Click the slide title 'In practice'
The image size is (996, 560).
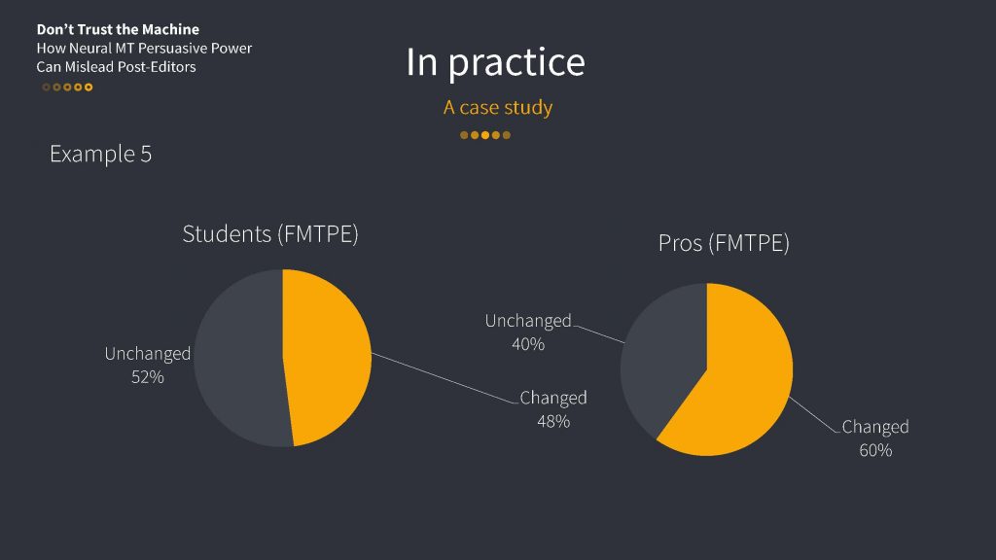coord(495,62)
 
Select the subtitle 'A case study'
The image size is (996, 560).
coord(498,107)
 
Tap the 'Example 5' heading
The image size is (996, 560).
coord(100,154)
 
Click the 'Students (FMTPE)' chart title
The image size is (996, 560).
coord(270,233)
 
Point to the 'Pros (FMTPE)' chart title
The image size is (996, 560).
coord(724,242)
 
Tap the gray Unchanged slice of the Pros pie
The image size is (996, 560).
coord(660,356)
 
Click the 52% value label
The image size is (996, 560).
coord(148,377)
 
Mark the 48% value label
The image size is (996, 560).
coord(553,421)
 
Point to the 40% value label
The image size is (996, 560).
coord(528,344)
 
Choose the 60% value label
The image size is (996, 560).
coord(875,450)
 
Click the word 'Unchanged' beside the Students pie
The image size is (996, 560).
coord(148,354)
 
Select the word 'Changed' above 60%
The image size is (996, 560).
coord(875,427)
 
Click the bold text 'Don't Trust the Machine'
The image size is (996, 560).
coord(118,29)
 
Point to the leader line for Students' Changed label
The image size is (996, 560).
coord(445,378)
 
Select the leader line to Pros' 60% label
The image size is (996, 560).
coord(814,414)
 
